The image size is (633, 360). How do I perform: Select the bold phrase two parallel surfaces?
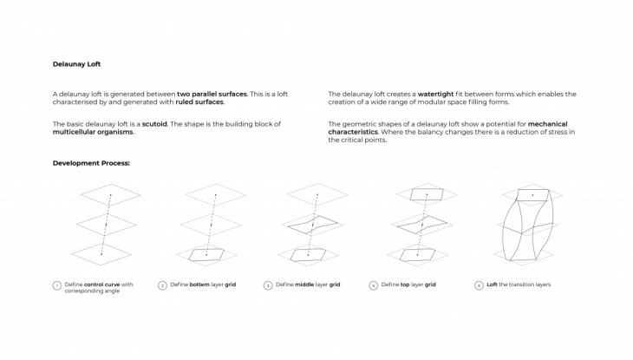[212, 94]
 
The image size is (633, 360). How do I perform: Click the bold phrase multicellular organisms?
[93, 132]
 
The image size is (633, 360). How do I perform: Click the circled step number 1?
[56, 285]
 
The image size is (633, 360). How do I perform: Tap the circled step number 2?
[162, 285]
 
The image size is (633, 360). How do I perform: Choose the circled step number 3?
[268, 285]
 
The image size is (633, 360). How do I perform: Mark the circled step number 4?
[373, 285]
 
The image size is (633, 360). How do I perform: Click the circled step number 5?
[479, 285]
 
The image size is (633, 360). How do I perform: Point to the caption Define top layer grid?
[408, 285]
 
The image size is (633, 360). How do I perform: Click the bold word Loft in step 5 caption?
[493, 285]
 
